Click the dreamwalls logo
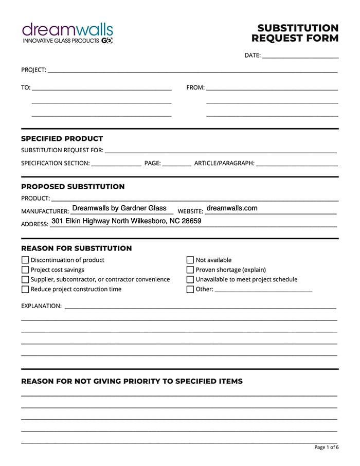tap(67, 32)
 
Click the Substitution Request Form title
tap(295, 33)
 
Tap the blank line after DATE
tap(300, 56)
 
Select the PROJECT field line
tap(192, 70)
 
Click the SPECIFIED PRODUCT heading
tap(62, 138)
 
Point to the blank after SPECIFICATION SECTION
tap(116, 164)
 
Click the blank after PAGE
tap(176, 164)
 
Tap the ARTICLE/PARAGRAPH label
tap(224, 164)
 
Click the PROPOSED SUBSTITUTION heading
tap(73, 186)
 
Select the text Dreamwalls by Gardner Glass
tap(119, 208)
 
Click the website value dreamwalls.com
tap(231, 208)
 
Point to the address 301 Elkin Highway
tap(127, 221)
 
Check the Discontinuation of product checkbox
tap(25, 260)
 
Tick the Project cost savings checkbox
tap(25, 270)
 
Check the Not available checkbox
tap(190, 260)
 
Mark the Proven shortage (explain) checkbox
tap(190, 270)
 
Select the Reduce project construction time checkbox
tap(25, 290)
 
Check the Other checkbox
tap(190, 290)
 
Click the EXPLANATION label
tap(41, 306)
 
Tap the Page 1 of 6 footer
tap(326, 447)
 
